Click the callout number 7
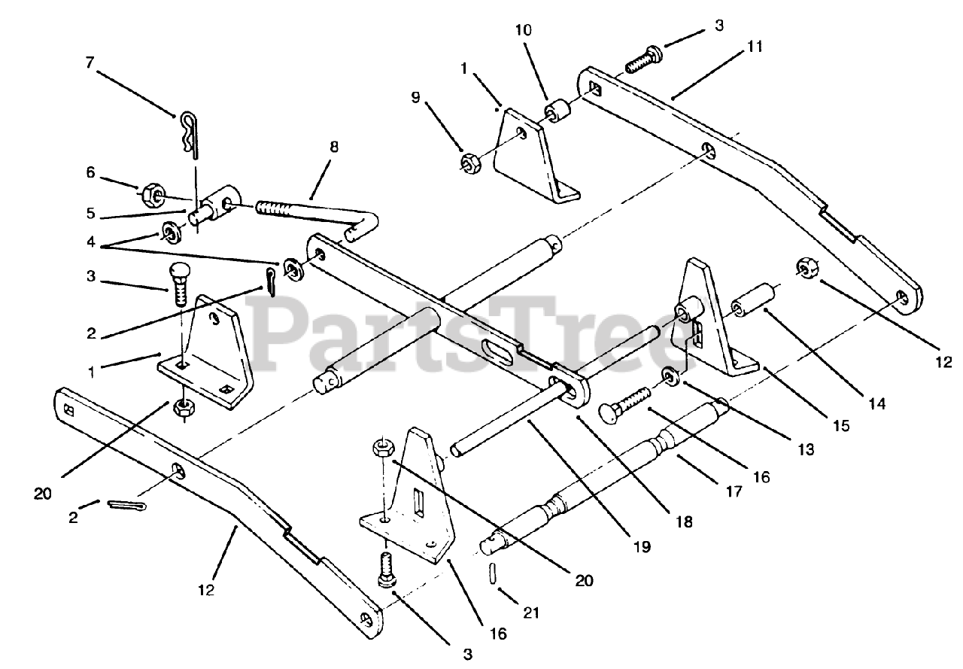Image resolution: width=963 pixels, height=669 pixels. click(x=90, y=64)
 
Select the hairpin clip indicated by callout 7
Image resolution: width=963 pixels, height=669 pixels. click(x=189, y=132)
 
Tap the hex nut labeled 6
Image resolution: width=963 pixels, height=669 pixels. click(x=149, y=194)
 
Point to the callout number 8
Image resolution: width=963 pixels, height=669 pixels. click(x=333, y=147)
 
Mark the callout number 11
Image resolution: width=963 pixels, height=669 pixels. click(x=755, y=47)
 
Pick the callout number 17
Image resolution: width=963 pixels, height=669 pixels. click(x=734, y=491)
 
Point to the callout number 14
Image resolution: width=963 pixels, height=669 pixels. click(x=877, y=404)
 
